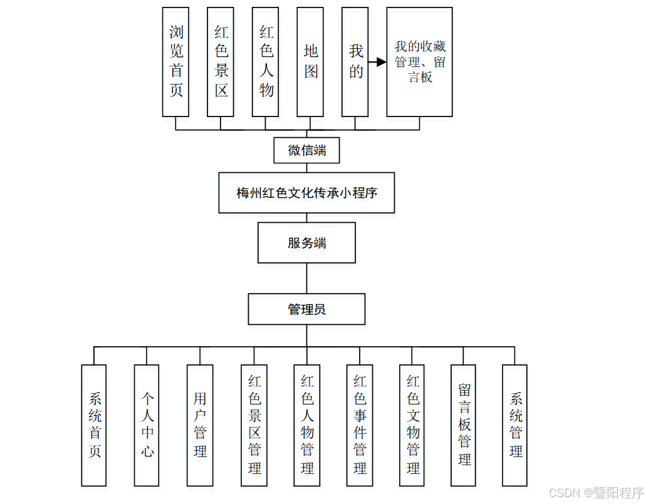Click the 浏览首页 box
[x=175, y=62]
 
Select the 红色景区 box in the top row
[x=221, y=62]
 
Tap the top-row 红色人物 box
[x=266, y=62]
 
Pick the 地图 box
[x=310, y=62]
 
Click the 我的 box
[x=355, y=62]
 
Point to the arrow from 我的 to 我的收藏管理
[x=377, y=63]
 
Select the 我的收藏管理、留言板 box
[x=419, y=62]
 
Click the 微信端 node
[x=306, y=150]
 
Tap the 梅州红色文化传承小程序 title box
[x=306, y=193]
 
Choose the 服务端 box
[x=306, y=243]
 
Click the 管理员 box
[x=306, y=309]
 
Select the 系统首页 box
[x=94, y=425]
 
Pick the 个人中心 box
[x=147, y=425]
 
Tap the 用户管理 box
[x=200, y=425]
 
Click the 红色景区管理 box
[x=254, y=425]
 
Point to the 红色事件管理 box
[x=360, y=425]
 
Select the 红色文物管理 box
[x=412, y=425]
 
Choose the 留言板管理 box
[x=464, y=425]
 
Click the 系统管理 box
[x=515, y=425]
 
